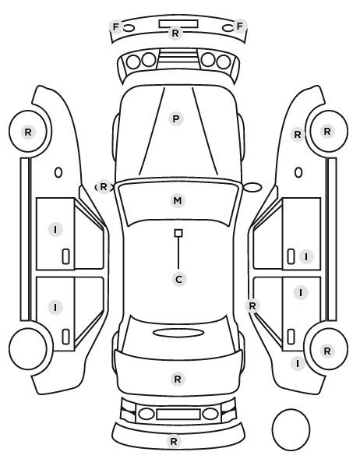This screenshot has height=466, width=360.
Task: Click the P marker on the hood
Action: (x=176, y=119)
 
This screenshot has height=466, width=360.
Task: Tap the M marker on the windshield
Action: (x=178, y=200)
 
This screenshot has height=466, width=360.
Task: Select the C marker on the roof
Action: (x=179, y=279)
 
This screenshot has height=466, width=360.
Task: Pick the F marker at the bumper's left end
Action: (x=116, y=27)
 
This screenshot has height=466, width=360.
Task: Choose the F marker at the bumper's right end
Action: (x=239, y=26)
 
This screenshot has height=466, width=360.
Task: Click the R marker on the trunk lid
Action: (x=178, y=379)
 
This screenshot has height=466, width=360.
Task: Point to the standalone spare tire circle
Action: (x=291, y=429)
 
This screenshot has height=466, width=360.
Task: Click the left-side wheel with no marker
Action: (x=28, y=348)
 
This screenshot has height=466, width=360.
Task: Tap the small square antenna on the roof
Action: (x=178, y=233)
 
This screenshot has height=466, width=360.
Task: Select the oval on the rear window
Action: (x=178, y=333)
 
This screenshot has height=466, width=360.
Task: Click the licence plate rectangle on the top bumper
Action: (x=178, y=24)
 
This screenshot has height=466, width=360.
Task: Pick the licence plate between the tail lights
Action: (x=178, y=415)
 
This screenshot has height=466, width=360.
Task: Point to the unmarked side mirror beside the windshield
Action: (x=252, y=187)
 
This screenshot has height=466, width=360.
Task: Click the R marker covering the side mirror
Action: (x=103, y=187)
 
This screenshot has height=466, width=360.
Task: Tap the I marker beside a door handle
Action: (x=306, y=256)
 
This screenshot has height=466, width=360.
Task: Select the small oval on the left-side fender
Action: (x=58, y=172)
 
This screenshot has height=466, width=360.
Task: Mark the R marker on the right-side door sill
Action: (x=252, y=305)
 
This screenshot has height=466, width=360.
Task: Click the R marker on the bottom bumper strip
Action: (x=174, y=441)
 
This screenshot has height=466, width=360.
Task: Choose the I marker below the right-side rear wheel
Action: (x=298, y=363)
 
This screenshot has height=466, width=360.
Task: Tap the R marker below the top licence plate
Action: (x=175, y=33)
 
